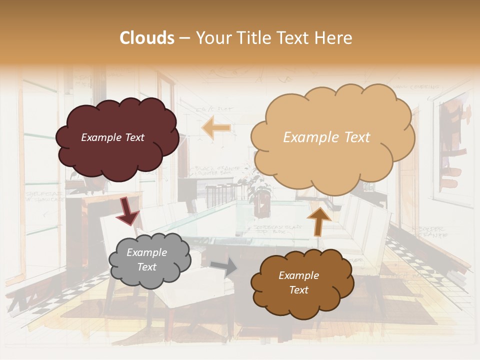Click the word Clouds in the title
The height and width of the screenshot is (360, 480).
(x=147, y=38)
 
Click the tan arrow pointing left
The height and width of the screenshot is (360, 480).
(x=216, y=128)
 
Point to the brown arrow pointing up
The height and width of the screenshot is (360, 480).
(x=319, y=220)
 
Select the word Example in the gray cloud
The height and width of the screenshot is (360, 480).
(x=147, y=253)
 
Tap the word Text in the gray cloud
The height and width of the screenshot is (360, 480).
(x=147, y=267)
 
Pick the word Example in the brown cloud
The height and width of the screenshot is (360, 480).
(x=298, y=275)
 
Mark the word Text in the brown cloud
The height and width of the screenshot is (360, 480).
(x=298, y=290)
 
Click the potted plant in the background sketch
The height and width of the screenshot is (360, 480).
(x=260, y=190)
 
